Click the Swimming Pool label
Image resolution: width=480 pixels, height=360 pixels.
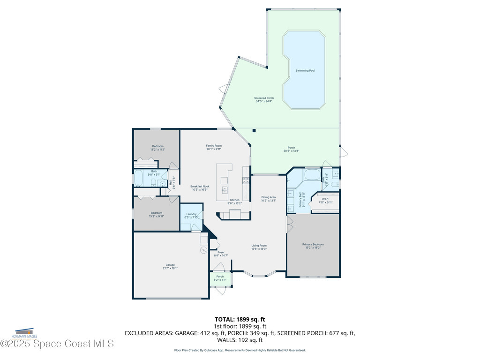[305, 70]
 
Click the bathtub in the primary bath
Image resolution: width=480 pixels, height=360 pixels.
[311, 175]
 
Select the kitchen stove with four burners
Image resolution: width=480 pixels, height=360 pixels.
[246, 180]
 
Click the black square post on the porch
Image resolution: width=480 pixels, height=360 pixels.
[254, 131]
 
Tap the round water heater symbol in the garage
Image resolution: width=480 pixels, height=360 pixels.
[204, 250]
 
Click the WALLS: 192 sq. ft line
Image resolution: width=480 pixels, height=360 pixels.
[240, 340]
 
